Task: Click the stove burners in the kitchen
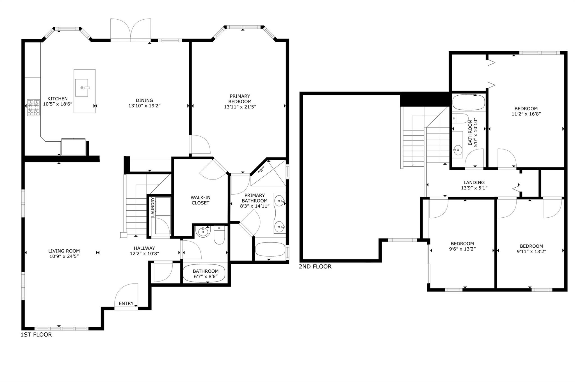point(34,108)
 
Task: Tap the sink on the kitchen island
point(82,88)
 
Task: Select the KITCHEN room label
point(58,99)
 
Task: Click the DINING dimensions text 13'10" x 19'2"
point(144,106)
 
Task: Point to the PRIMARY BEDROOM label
point(240,99)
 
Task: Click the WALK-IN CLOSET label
point(200,200)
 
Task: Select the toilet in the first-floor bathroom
point(219,235)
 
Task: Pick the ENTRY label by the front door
point(126,303)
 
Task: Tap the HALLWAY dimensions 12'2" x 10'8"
point(144,254)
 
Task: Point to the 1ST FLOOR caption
point(36,335)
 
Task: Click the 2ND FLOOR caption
point(315,266)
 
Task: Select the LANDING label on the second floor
point(474,182)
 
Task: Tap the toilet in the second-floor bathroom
point(460,118)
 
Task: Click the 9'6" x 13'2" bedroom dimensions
point(462,249)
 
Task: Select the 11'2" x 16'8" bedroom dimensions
point(526,114)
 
